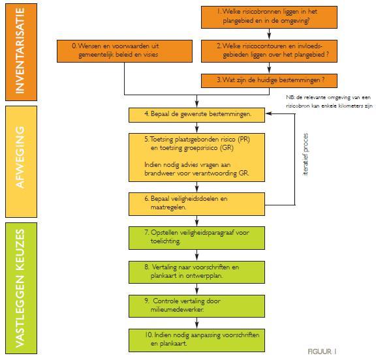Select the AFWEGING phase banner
coord(23,157)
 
